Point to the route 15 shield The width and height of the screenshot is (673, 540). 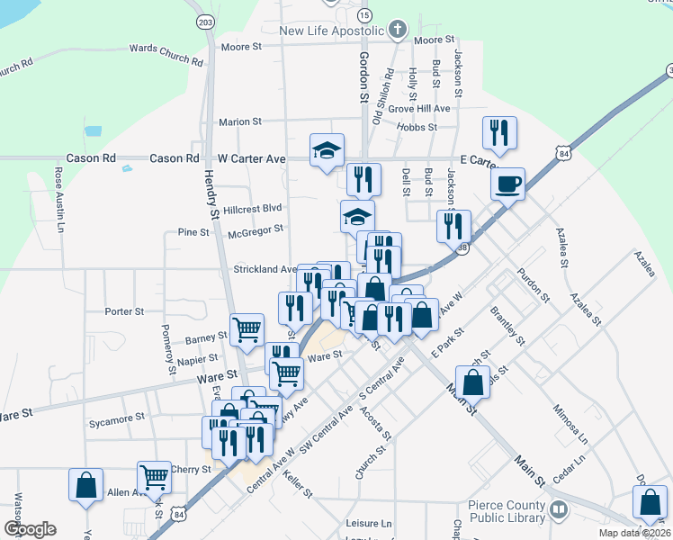click(363, 15)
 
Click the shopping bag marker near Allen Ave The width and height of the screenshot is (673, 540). click(85, 484)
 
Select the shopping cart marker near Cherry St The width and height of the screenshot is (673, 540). click(154, 476)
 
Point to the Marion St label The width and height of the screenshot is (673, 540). click(239, 121)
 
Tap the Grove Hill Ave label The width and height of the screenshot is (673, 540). click(418, 109)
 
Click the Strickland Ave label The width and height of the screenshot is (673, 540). click(265, 269)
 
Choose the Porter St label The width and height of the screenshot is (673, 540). click(124, 311)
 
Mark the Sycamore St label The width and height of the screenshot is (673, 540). click(118, 418)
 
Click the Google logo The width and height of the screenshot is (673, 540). click(30, 529)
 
